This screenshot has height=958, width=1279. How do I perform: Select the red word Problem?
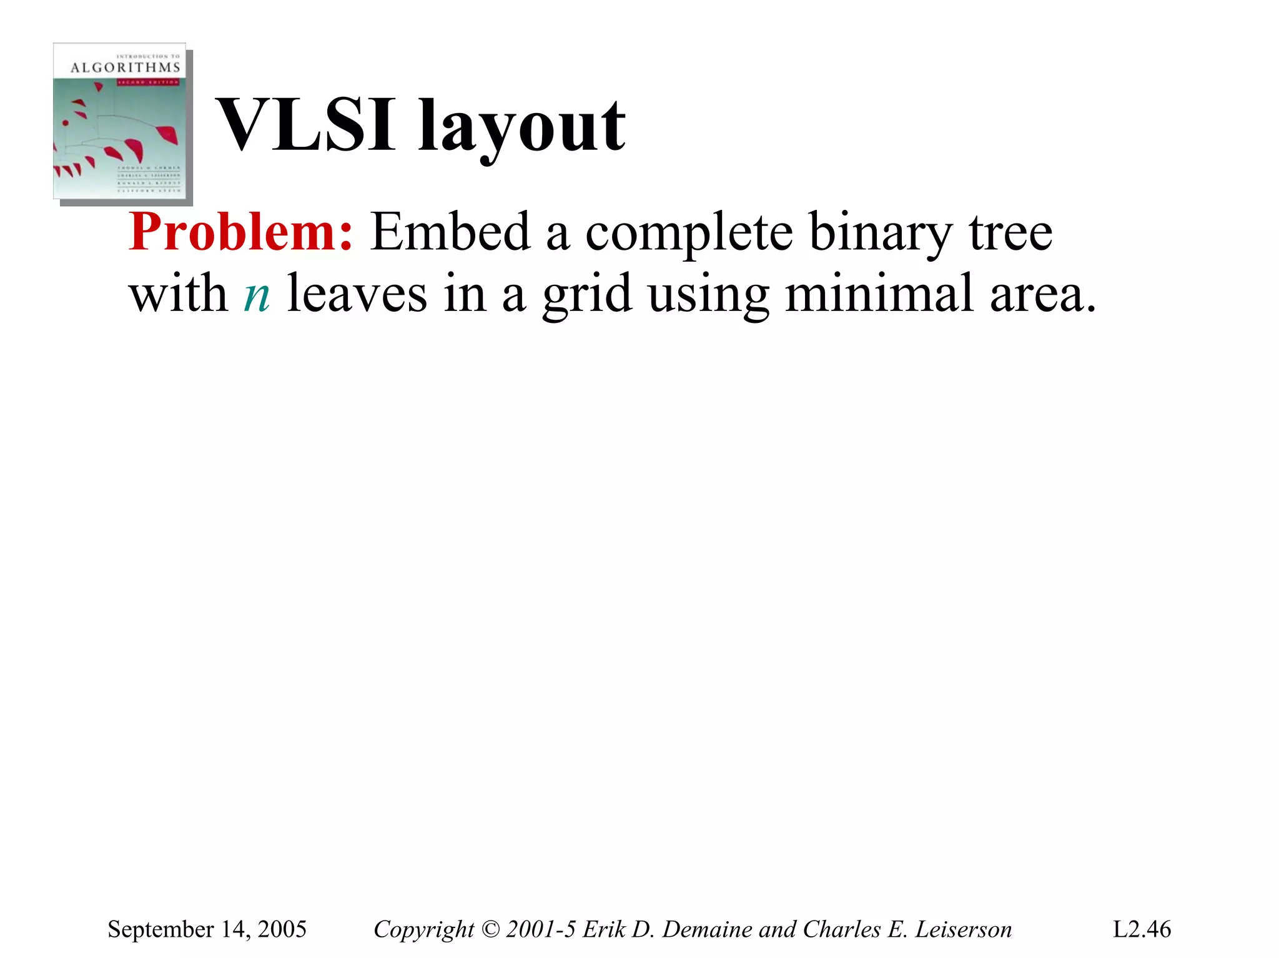coord(241,232)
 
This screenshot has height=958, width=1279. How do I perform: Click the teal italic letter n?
coord(257,295)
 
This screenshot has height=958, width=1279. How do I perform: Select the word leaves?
coord(357,294)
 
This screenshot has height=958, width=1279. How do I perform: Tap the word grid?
coord(586,295)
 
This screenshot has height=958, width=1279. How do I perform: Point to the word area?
coord(1042,295)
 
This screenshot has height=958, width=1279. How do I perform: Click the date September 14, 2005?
coord(207,929)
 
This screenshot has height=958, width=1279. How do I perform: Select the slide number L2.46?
coord(1142,929)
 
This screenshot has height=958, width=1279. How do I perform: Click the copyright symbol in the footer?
coord(491,929)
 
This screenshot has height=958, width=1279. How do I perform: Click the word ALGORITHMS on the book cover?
coord(125,67)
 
